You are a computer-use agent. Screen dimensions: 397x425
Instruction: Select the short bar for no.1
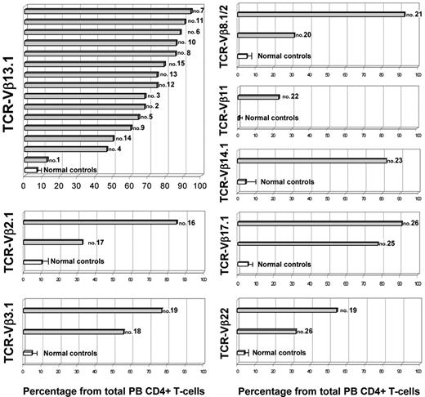[x=36, y=159]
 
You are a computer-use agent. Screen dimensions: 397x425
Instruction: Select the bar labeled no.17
[x=53, y=242]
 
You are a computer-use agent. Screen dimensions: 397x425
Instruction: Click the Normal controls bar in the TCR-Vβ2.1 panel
[x=33, y=261]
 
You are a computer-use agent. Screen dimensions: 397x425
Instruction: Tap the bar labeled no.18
[x=74, y=332]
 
